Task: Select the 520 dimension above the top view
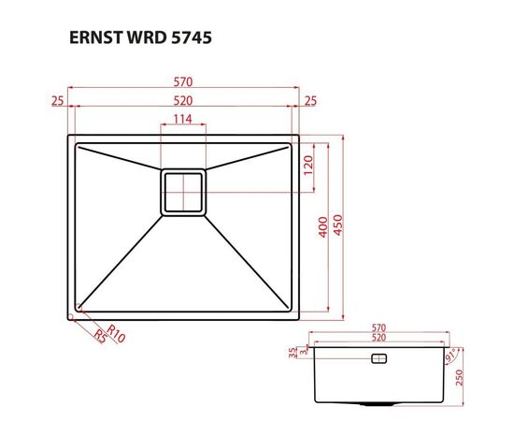pyautogui.click(x=183, y=100)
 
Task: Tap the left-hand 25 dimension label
pyautogui.click(x=58, y=100)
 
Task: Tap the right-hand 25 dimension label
pyautogui.click(x=309, y=100)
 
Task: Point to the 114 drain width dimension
pyautogui.click(x=183, y=119)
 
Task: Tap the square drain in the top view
pyautogui.click(x=183, y=193)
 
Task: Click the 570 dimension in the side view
pyautogui.click(x=378, y=328)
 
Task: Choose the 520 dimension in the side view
pyautogui.click(x=378, y=337)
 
